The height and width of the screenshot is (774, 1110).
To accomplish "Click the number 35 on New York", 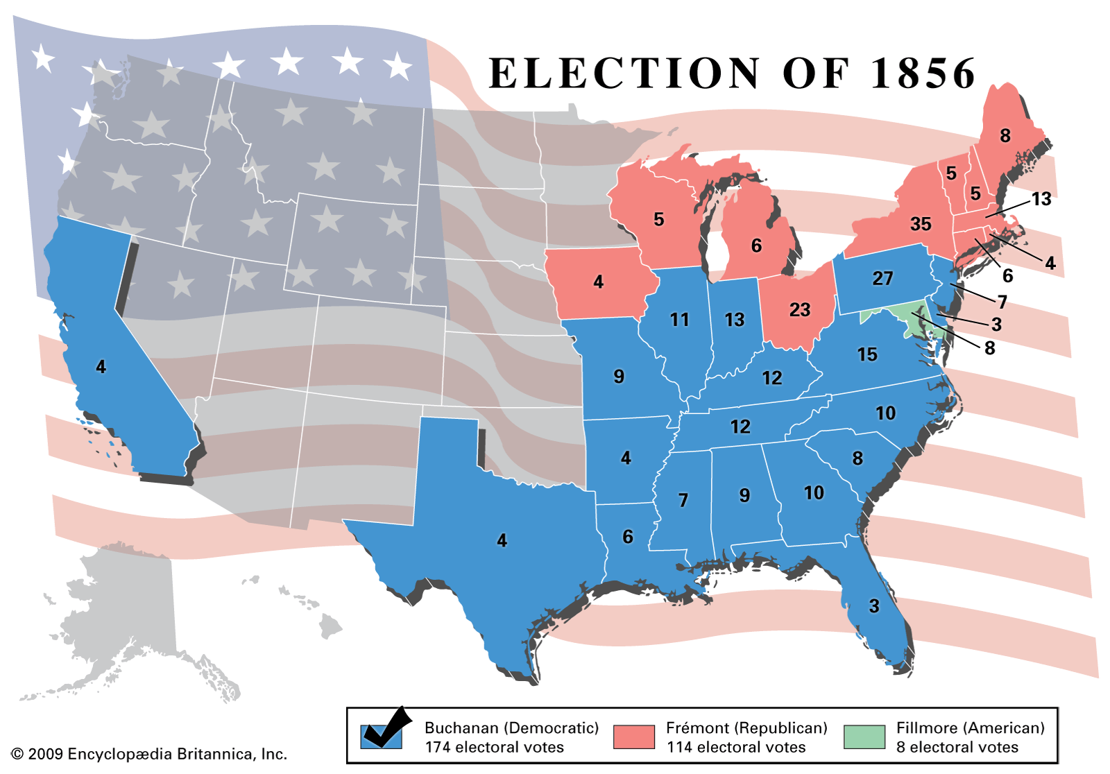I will pos(921,224).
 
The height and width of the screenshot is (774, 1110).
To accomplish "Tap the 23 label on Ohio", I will pos(800,309).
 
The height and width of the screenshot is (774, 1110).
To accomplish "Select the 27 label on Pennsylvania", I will pos(882,278).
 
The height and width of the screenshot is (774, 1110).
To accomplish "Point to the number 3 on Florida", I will pos(874,606).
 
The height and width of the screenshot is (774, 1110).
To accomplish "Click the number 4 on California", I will pos(101,367).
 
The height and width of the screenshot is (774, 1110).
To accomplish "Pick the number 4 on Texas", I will pos(502,540).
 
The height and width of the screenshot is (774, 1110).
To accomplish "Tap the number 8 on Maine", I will pos(1005,136).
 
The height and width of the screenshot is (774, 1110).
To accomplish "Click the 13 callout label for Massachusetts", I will pos(1041,199).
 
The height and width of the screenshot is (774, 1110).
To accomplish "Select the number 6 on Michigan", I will pos(756,246).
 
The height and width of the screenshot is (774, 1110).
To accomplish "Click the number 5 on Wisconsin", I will pos(659,220).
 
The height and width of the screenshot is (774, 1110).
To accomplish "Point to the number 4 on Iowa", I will pos(599,282).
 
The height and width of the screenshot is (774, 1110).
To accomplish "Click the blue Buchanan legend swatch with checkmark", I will pos(382,736).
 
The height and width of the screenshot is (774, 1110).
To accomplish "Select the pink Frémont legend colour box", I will pos(633,737).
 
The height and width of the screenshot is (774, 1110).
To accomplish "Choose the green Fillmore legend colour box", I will pos(864,737).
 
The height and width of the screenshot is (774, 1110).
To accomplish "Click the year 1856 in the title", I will pos(923,74).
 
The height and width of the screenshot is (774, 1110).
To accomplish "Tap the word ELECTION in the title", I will pos(624,74).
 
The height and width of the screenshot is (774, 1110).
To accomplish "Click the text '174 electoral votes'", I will pos(494,747).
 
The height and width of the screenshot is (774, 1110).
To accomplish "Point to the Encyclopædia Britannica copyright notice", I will pos(149,754).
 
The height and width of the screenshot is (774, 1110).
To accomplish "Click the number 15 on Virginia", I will pos(867,354).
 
